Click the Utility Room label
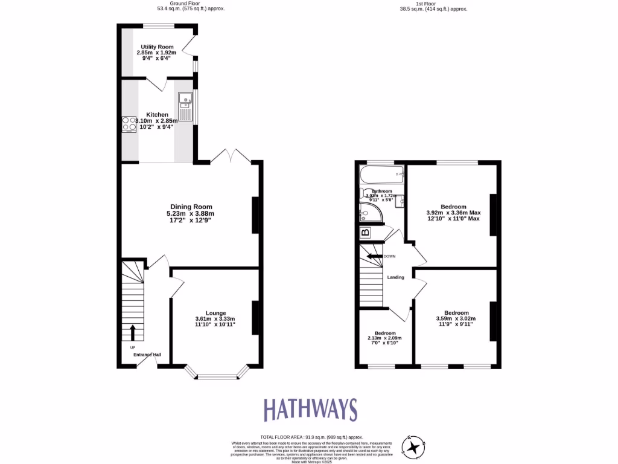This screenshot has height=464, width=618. tap(158, 47)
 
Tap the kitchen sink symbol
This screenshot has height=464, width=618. tap(185, 106)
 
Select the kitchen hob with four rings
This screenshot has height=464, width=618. tap(129, 124)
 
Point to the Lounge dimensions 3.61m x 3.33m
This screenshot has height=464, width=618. tap(215, 319)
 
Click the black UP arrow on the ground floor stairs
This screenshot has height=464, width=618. tap(133, 332)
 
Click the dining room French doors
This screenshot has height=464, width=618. tap(231, 156)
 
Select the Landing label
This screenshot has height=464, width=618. tap(395, 277)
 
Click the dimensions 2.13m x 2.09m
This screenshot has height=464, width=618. tap(385, 338)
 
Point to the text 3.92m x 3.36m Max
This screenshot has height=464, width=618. tap(453, 213)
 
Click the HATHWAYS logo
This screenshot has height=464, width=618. tap(310, 410)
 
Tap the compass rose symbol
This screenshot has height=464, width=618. tap(414, 446)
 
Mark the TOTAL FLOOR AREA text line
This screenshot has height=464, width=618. tap(311, 437)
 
